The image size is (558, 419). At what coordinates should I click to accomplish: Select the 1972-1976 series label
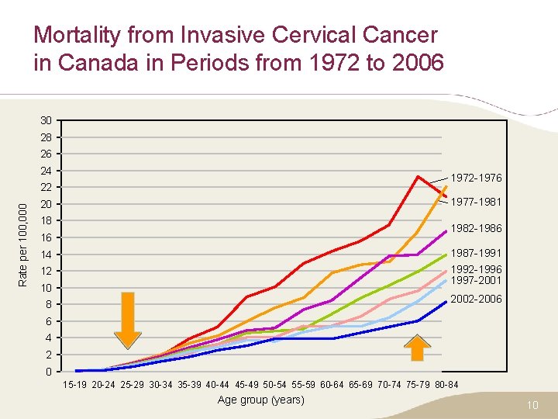[x=476, y=178]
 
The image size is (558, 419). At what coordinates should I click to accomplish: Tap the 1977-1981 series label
[x=476, y=202]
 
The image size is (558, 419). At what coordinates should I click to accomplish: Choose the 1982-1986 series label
[x=476, y=228]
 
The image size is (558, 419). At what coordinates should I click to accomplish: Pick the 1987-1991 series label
[x=476, y=253]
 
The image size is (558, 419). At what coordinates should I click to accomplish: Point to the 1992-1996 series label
[x=476, y=269]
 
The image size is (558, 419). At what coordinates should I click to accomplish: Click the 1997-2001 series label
[x=476, y=280]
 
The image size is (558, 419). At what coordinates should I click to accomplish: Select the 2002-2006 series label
[x=476, y=299]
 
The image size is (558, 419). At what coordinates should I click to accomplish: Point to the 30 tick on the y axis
[x=46, y=121]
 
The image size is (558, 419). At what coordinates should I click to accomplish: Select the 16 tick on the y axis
[x=46, y=237]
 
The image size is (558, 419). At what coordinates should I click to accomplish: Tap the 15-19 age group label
[x=75, y=385]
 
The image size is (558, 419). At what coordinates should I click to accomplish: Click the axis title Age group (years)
[x=261, y=400]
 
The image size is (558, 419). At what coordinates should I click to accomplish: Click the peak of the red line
[x=418, y=176]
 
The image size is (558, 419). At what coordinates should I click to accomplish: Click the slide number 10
[x=532, y=404]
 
